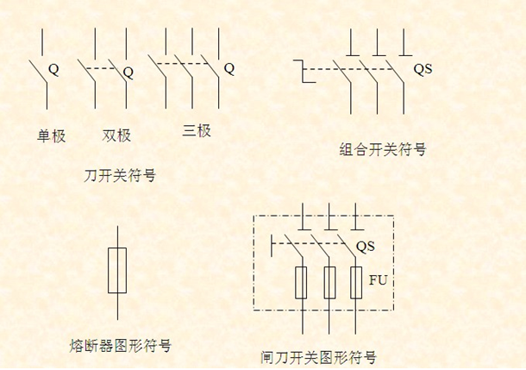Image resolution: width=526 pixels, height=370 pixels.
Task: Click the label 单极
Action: coord(51,135)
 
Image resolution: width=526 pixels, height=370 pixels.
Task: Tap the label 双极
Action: coord(116,135)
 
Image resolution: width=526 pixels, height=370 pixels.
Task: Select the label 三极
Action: coord(197,131)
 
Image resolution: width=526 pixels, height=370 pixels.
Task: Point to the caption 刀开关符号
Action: coord(120,175)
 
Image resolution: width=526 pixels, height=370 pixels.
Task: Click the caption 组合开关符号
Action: coord(383,149)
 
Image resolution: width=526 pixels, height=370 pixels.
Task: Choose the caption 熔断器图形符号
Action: coord(120,346)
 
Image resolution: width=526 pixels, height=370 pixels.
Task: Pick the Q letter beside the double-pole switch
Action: coord(128,72)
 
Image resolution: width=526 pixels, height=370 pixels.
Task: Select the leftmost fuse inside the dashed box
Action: coord(302,283)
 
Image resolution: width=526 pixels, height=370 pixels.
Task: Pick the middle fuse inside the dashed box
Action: coord(329,283)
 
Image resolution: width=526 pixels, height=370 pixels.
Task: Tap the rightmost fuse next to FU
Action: coord(356,283)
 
